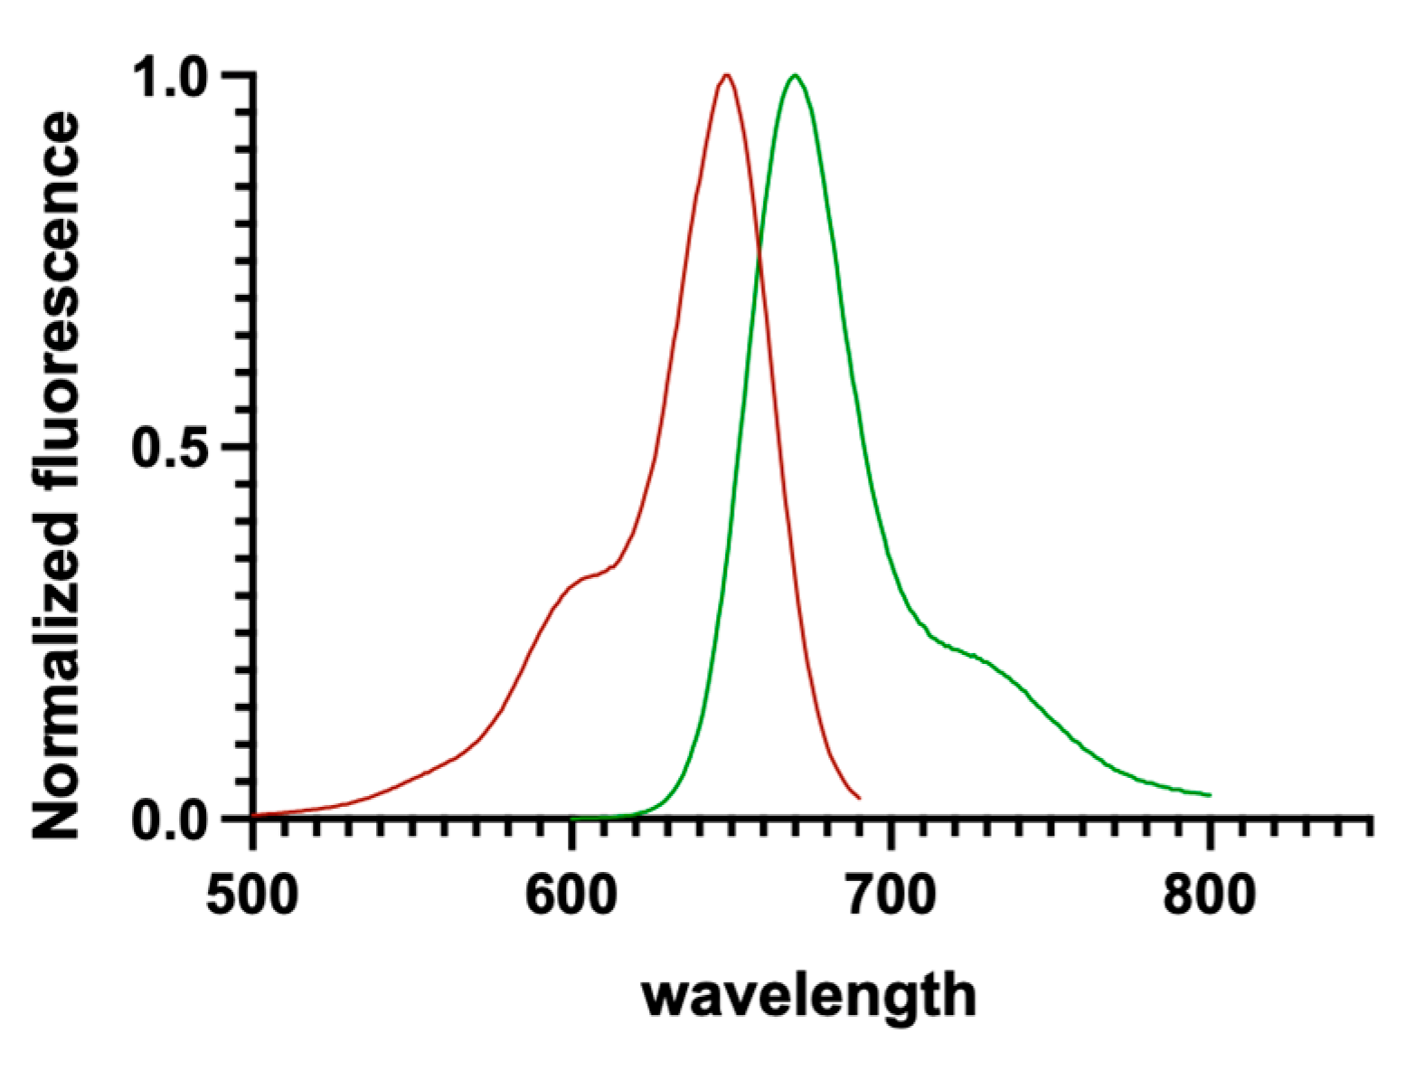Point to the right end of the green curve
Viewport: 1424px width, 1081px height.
1210,795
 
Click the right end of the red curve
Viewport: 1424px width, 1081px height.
859,798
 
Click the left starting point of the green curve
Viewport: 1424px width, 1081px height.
572,818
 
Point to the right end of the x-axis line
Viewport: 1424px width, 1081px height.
1371,818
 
